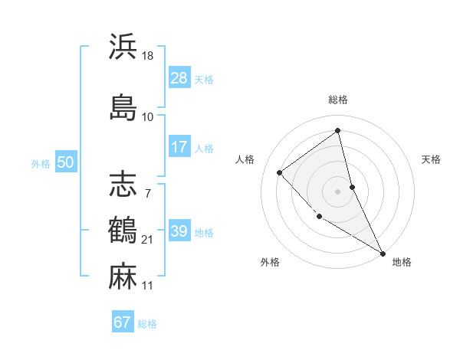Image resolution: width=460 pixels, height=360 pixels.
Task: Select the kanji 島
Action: (x=123, y=106)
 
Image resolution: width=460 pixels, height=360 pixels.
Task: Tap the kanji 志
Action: (x=123, y=184)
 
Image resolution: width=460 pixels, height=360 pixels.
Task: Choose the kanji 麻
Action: (x=123, y=275)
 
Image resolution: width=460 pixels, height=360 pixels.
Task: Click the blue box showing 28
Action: (x=179, y=78)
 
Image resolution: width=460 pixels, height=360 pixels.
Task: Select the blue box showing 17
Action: (x=179, y=147)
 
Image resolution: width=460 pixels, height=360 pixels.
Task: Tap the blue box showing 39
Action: (x=179, y=231)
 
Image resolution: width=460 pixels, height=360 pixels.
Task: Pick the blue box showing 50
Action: (x=65, y=162)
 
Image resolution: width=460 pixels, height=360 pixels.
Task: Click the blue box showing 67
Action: (x=123, y=322)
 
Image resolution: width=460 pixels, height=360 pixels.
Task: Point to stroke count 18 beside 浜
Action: (x=148, y=56)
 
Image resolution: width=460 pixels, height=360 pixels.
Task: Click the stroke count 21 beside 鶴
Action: (x=148, y=241)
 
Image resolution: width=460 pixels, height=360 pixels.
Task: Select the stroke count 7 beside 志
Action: (x=147, y=195)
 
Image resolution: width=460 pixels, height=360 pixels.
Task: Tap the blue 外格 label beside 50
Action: (x=41, y=163)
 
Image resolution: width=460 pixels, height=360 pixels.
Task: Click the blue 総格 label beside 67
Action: (x=147, y=324)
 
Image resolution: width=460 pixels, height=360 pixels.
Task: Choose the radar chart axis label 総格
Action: (x=337, y=100)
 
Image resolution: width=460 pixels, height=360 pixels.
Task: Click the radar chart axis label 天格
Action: (x=432, y=159)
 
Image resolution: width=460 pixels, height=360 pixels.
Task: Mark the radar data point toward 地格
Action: (x=383, y=253)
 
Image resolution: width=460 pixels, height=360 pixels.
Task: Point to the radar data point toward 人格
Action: (x=280, y=172)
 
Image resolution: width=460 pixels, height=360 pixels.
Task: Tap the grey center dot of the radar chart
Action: (x=337, y=191)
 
